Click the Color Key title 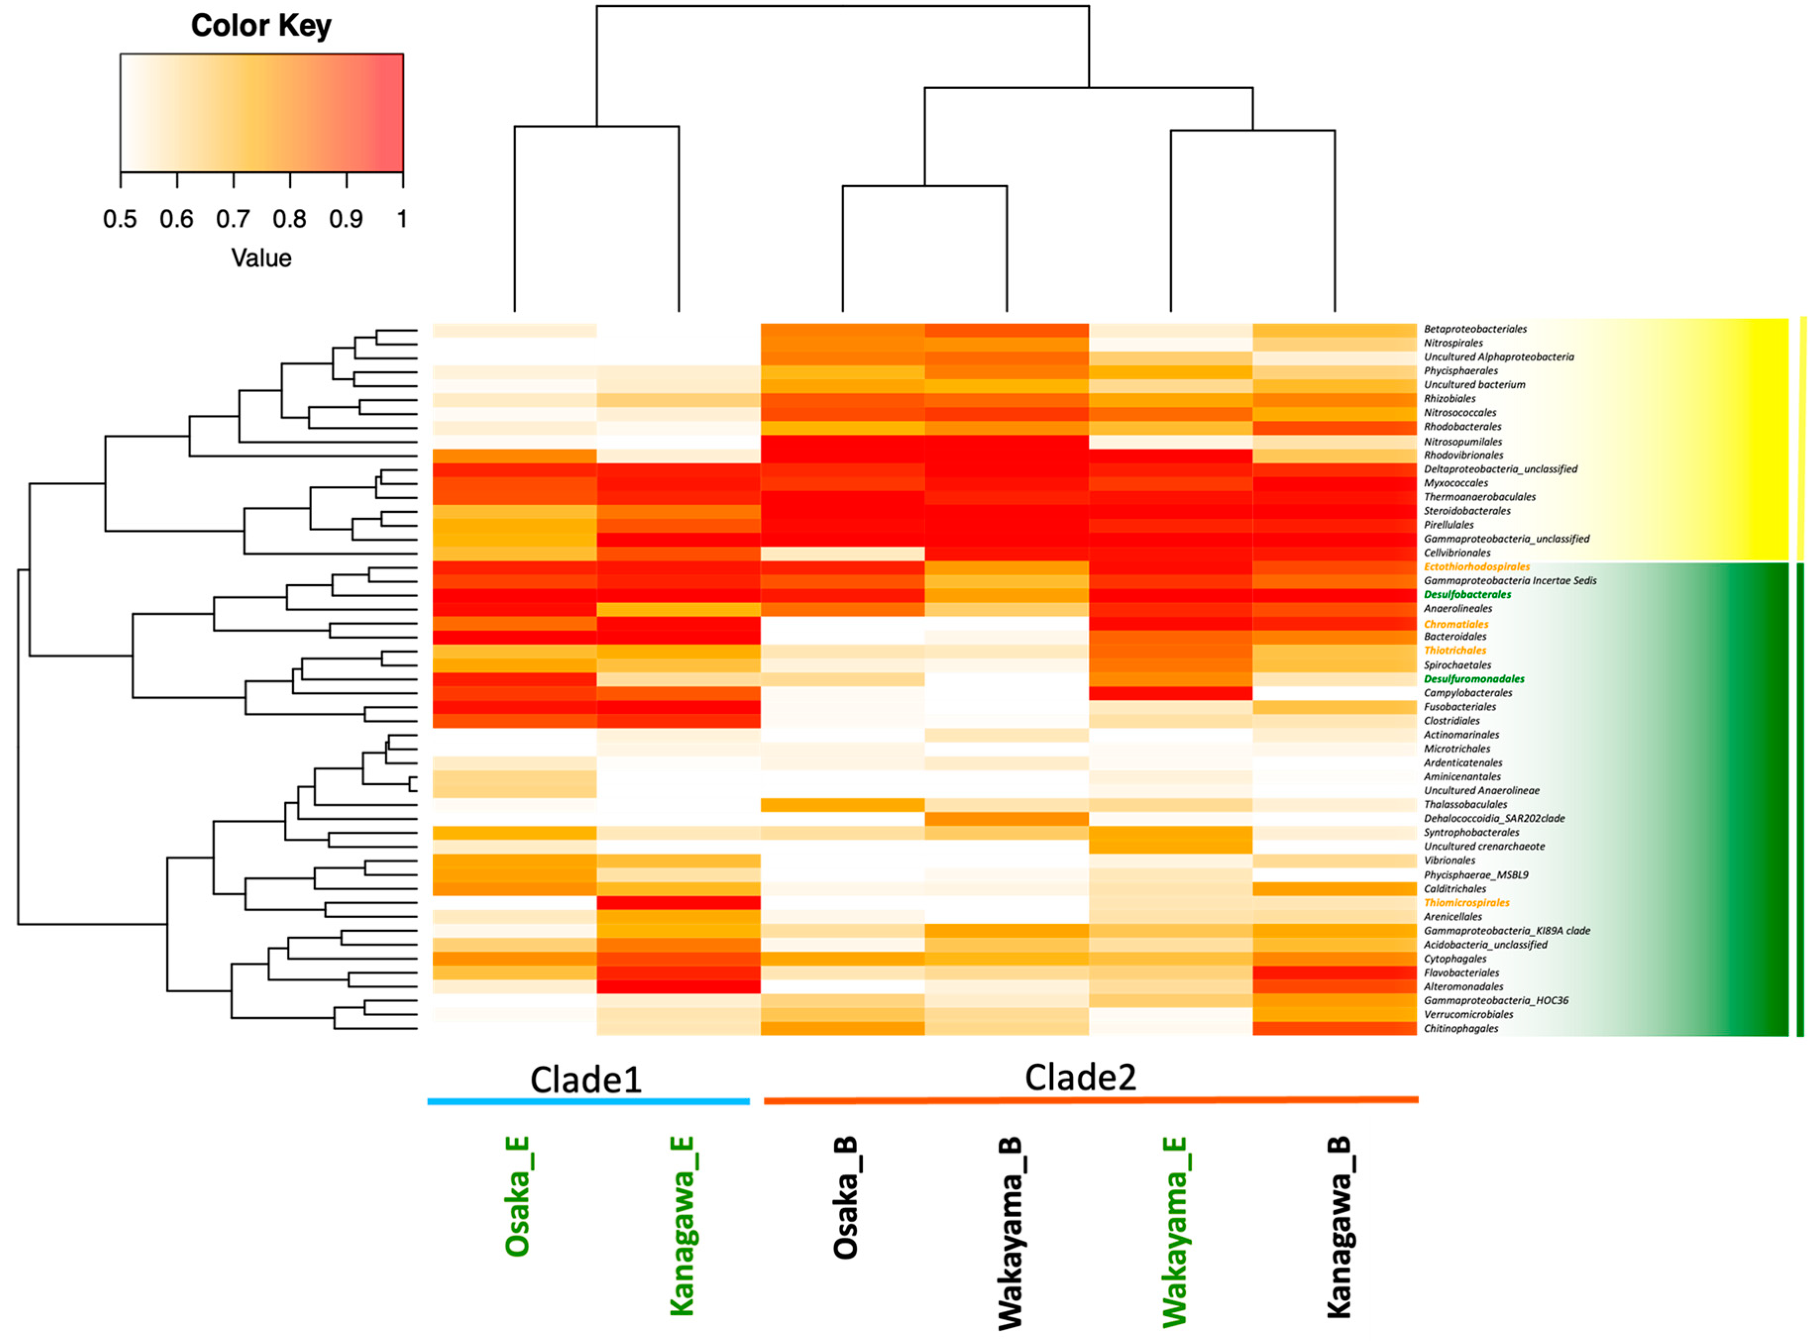[x=261, y=25]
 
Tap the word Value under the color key [x=261, y=258]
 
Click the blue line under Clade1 [x=588, y=1101]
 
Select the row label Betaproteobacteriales [x=1474, y=329]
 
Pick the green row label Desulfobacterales [x=1467, y=595]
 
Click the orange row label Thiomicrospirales [x=1466, y=903]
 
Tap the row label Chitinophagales [x=1460, y=1029]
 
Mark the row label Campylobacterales [x=1468, y=693]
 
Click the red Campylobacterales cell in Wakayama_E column [x=1170, y=693]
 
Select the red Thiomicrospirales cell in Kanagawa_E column [x=679, y=903]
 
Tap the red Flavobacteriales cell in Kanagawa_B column [x=1335, y=973]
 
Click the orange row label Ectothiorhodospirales [x=1476, y=566]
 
